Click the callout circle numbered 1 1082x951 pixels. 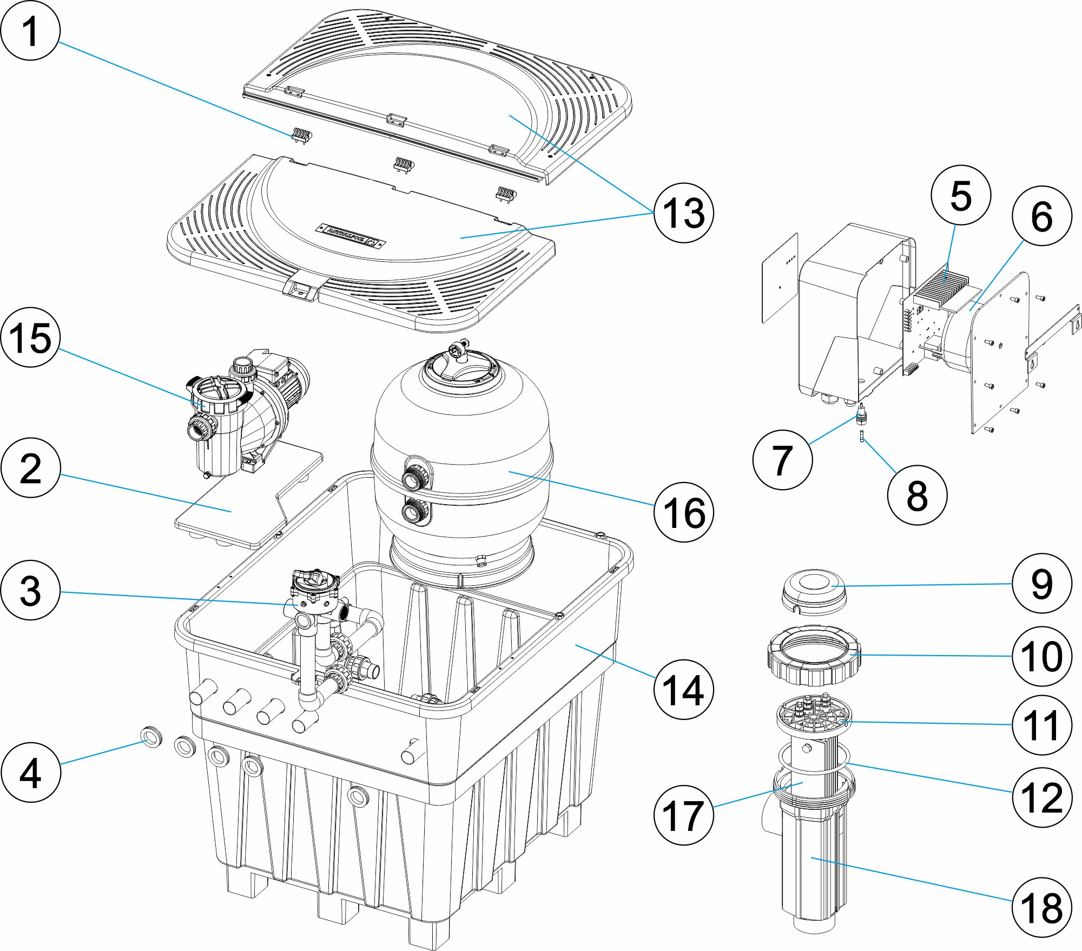coord(30,31)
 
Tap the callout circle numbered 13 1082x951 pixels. coord(683,213)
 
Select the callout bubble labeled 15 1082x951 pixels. coord(30,338)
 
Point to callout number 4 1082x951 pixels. coord(30,772)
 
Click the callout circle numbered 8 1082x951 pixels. coord(917,495)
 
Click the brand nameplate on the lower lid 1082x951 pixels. coord(351,235)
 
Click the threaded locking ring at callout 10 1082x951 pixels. coord(813,655)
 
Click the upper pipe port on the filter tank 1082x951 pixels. coord(415,475)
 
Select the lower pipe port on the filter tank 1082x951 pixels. coord(415,511)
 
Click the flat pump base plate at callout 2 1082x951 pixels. coord(233,508)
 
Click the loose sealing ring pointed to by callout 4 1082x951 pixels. coord(151,737)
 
